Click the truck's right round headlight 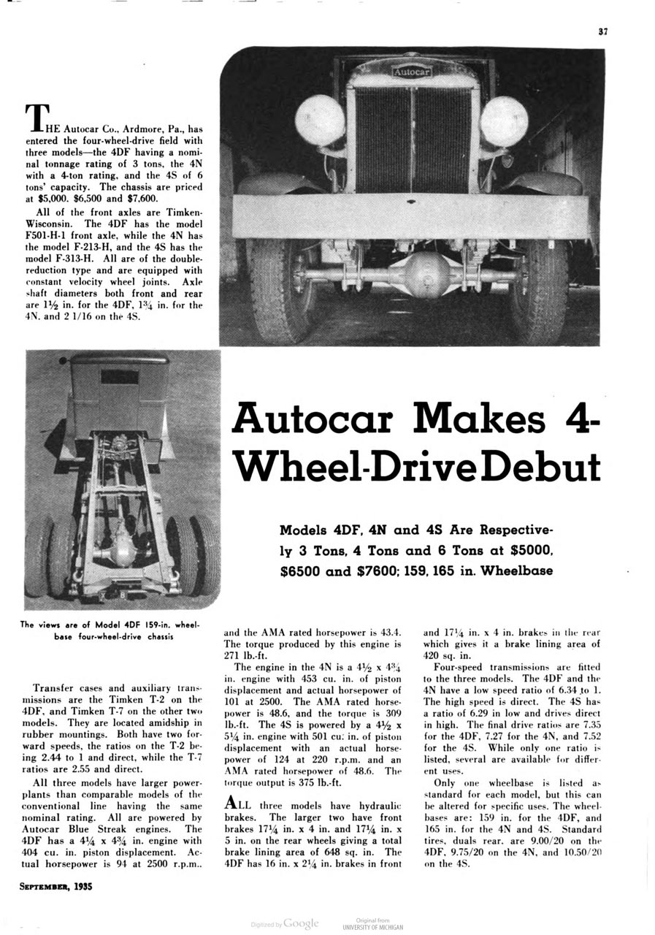click(504, 121)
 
